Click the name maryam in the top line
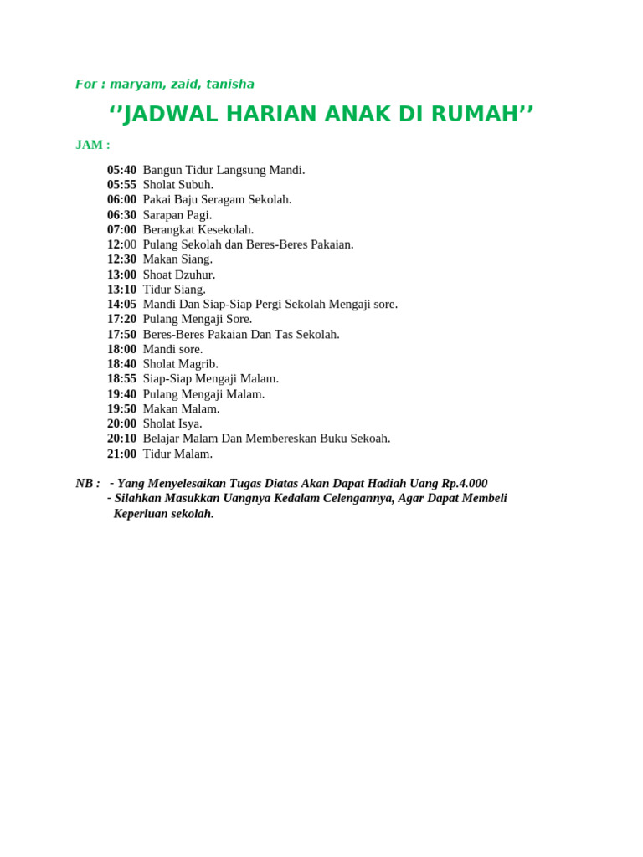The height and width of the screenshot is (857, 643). (133, 85)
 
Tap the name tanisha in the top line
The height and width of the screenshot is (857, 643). (229, 85)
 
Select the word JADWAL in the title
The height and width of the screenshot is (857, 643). (167, 115)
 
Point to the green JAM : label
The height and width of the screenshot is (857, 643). (93, 145)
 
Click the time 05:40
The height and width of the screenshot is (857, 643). (121, 170)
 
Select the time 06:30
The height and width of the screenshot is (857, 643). (121, 215)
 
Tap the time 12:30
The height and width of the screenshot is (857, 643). (121, 259)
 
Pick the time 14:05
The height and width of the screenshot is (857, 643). (121, 305)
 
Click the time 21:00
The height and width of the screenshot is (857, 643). (121, 454)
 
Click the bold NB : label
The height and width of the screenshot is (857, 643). (88, 484)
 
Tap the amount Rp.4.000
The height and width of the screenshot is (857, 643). (465, 484)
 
